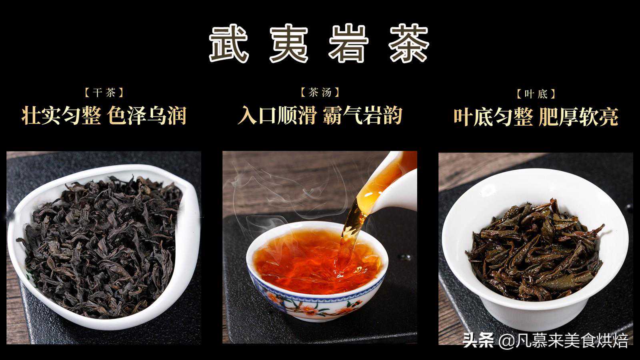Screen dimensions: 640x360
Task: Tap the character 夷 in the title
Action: click(x=289, y=44)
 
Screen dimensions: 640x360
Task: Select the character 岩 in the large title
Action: click(x=349, y=44)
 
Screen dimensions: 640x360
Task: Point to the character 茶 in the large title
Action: click(x=410, y=44)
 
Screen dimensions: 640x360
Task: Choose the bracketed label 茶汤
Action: click(x=320, y=92)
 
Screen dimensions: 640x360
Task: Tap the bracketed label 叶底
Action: click(x=536, y=94)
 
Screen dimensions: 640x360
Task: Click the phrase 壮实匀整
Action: click(x=61, y=116)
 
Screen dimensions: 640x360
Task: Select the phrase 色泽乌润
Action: click(x=147, y=116)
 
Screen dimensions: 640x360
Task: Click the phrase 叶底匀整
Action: click(x=493, y=116)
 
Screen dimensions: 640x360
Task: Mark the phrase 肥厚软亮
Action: click(x=578, y=116)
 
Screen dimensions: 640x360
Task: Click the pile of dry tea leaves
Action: click(x=100, y=246)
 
